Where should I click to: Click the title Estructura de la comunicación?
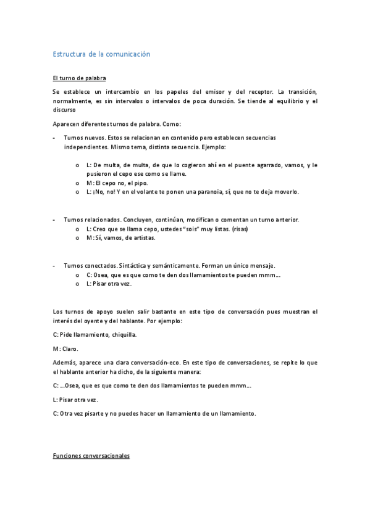[x=102, y=54]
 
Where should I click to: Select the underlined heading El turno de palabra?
[x=79, y=78]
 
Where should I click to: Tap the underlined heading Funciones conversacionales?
[x=91, y=456]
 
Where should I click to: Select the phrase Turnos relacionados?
[x=93, y=220]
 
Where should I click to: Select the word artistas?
[x=143, y=237]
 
